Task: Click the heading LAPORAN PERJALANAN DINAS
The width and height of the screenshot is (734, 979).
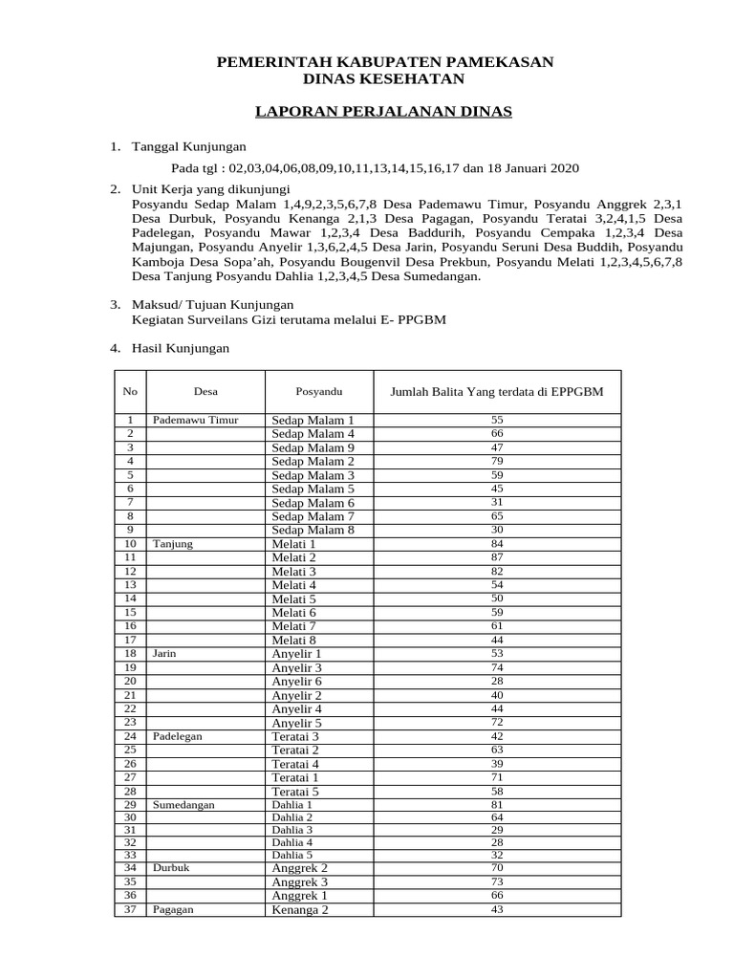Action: coord(383,113)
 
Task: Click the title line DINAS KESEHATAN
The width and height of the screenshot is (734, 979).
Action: coord(383,79)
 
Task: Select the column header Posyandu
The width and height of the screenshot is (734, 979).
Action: coord(318,392)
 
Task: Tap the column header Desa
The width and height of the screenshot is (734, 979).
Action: coord(205,392)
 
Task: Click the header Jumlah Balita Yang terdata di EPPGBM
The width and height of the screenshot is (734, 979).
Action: coord(496,392)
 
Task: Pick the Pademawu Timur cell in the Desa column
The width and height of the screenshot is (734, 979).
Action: coord(195,420)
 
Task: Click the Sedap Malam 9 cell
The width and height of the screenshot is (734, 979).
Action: coord(313,447)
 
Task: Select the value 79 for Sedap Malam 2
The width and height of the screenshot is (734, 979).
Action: coord(496,461)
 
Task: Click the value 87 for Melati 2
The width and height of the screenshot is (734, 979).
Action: coord(496,556)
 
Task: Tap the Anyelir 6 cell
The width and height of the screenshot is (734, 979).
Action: coord(296,682)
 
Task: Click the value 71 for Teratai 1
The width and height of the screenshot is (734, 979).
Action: coord(496,778)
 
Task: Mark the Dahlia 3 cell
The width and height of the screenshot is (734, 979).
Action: coord(291,830)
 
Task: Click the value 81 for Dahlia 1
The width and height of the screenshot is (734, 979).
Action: coord(496,805)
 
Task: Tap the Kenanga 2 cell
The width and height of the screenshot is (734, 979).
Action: coord(299,910)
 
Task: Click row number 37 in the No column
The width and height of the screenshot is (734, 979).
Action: coord(131,909)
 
